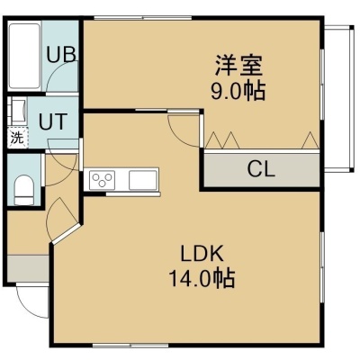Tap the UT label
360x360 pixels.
click(53, 121)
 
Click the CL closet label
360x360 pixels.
click(261, 169)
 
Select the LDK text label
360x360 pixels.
click(202, 254)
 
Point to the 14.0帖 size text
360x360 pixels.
click(202, 278)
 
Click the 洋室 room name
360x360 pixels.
click(238, 65)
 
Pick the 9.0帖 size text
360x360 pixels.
click(238, 91)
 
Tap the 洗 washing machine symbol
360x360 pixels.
click(17, 138)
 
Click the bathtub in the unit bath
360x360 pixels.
click(24, 56)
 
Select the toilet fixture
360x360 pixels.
click(24, 190)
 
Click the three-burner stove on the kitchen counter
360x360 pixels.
click(103, 180)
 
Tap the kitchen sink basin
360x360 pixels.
click(143, 180)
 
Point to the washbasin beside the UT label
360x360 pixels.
click(17, 111)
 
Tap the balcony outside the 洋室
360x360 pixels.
click(338, 99)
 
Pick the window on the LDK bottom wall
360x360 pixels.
click(130, 346)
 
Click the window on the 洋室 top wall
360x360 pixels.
click(143, 18)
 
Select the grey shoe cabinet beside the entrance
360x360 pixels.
click(28, 268)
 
